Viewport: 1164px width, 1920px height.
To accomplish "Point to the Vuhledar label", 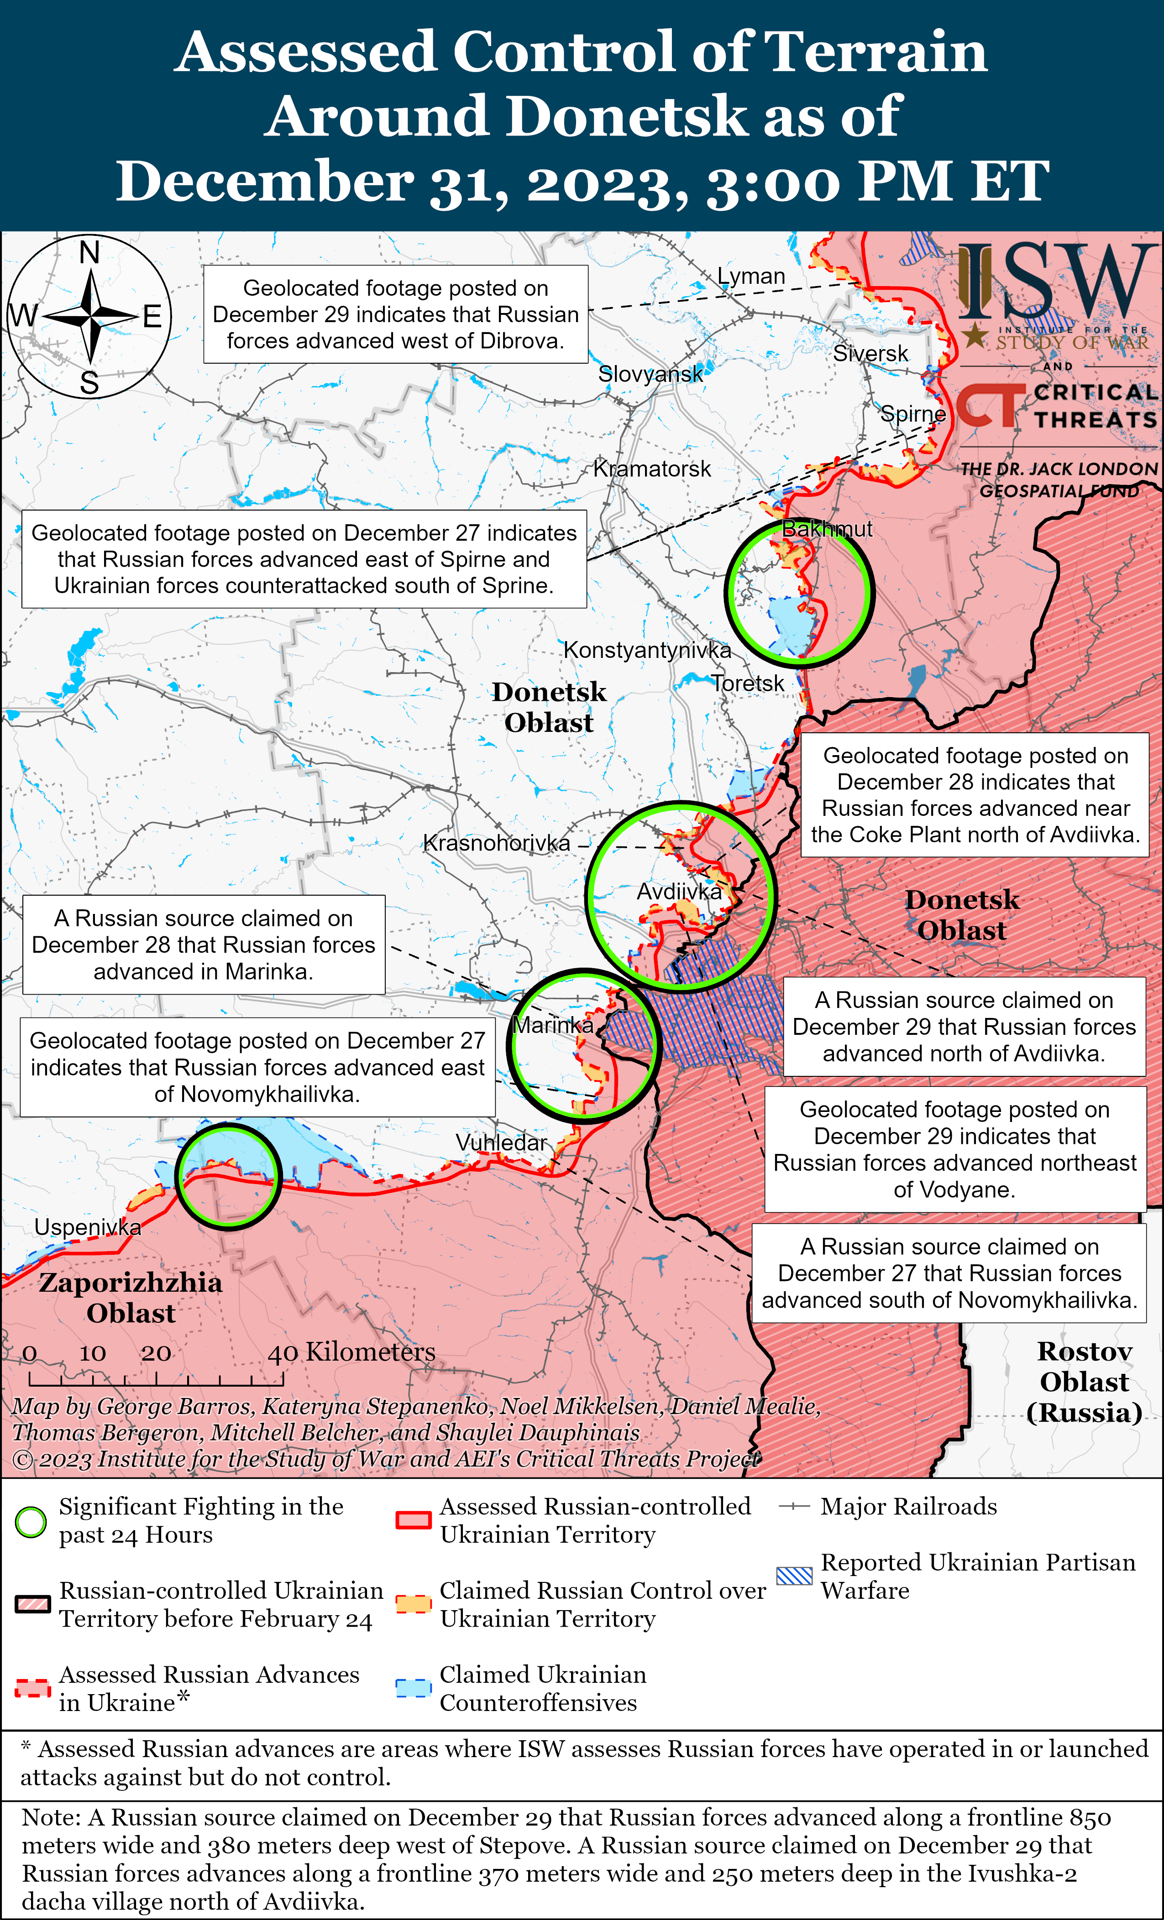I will (x=501, y=1143).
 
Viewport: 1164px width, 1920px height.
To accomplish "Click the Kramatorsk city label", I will (x=652, y=469).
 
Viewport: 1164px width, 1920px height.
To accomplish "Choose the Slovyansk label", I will (x=650, y=374).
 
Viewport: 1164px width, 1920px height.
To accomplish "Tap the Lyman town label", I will (x=751, y=277).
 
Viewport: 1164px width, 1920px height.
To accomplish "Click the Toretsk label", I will (x=748, y=683).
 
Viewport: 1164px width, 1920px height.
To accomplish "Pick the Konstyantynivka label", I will (x=647, y=650).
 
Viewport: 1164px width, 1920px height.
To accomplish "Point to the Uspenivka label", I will (x=88, y=1227).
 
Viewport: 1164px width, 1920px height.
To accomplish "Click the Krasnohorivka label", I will (x=497, y=843).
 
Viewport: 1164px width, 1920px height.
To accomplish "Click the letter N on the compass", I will (x=89, y=253).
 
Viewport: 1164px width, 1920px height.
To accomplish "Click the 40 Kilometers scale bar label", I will (x=351, y=1352).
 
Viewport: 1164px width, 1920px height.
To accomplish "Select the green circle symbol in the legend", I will (x=31, y=1522).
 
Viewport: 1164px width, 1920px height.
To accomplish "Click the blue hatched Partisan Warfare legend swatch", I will (x=794, y=1576).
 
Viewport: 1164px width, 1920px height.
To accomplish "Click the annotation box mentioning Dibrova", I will (x=395, y=314).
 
